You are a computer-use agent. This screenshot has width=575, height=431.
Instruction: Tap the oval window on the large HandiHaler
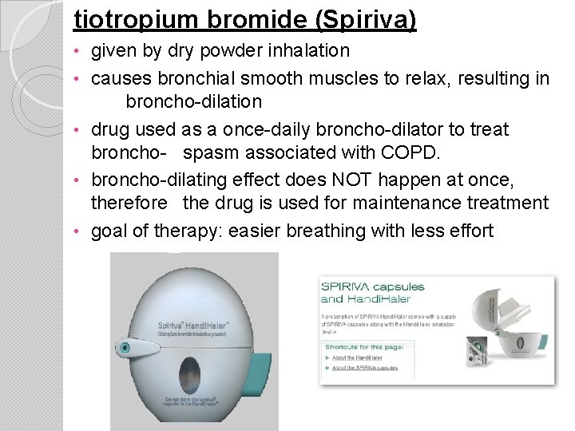click(x=191, y=374)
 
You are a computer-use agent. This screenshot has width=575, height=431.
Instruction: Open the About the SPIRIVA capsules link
click(x=365, y=368)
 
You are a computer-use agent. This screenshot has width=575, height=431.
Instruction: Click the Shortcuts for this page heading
click(x=364, y=346)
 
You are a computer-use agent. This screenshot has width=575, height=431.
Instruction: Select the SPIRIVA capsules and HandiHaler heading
click(x=372, y=293)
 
